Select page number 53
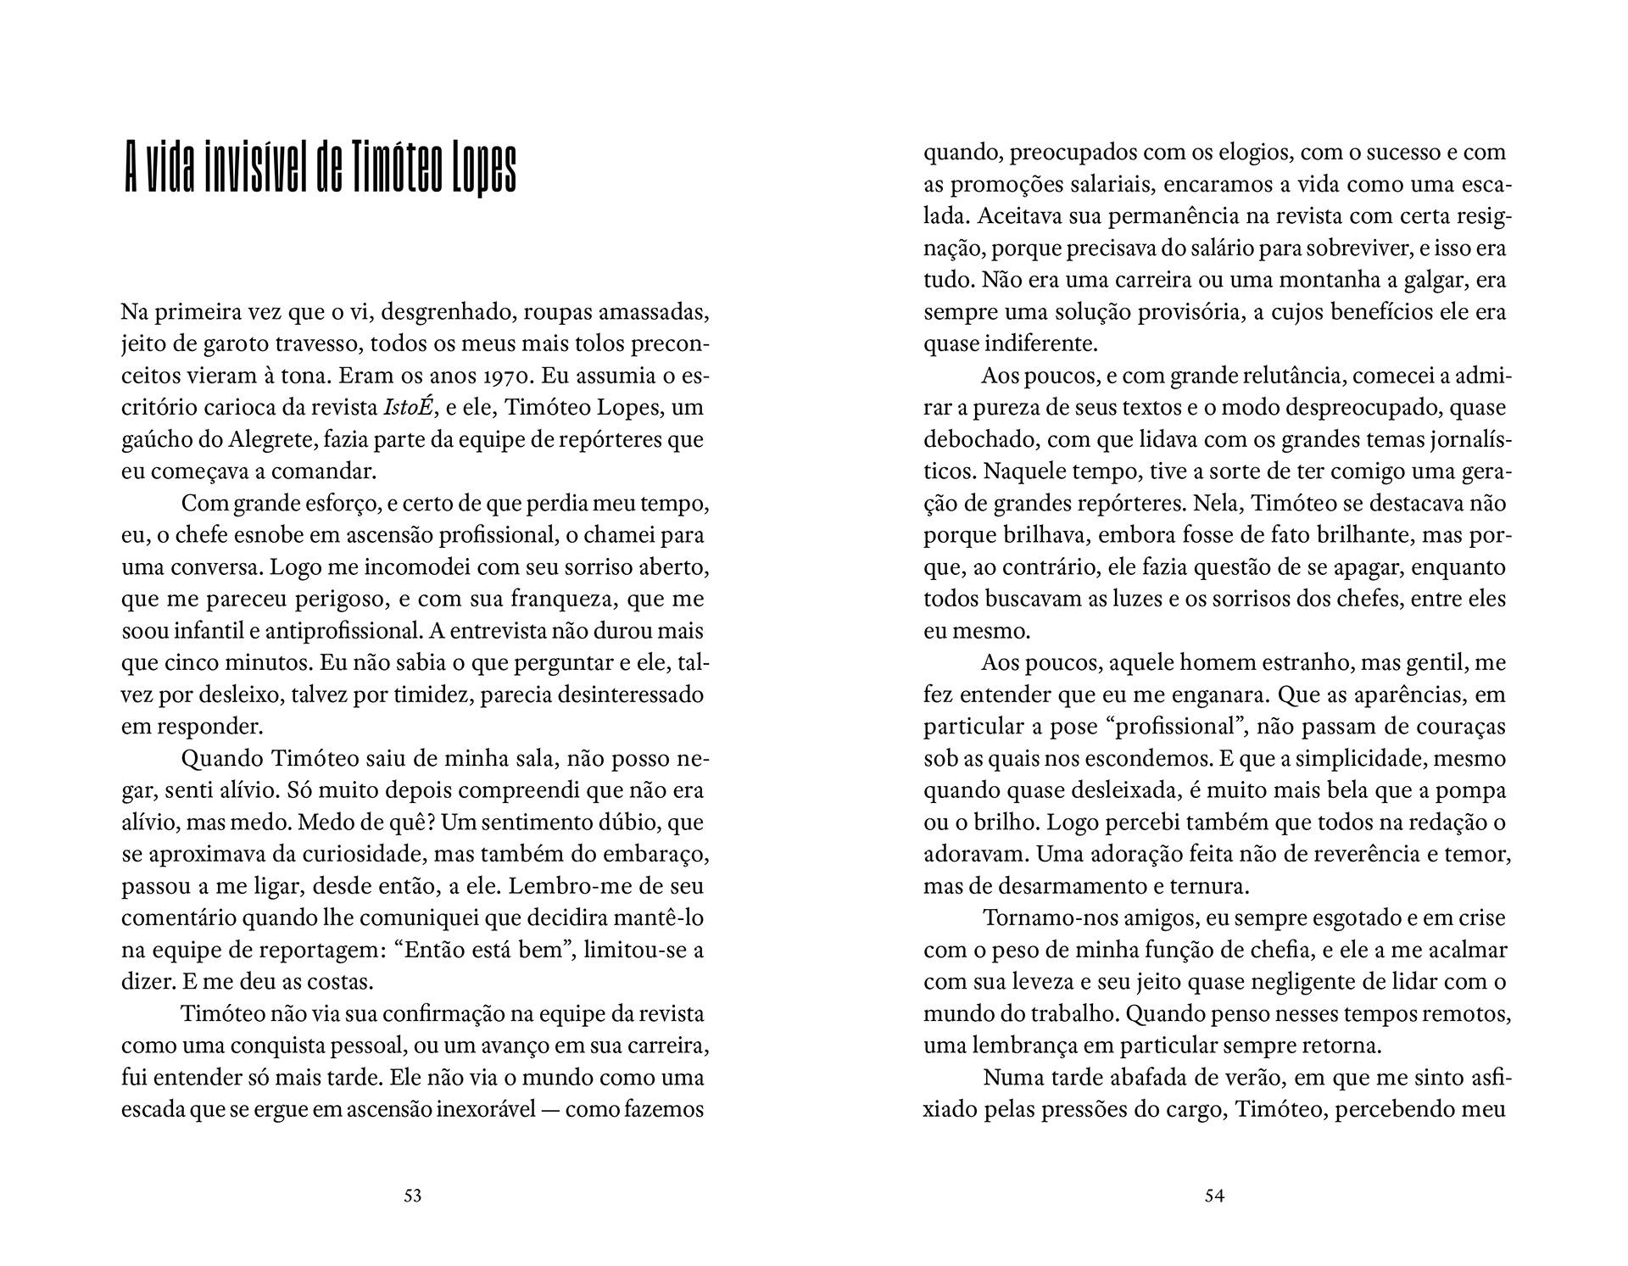[x=413, y=1196]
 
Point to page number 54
[x=1214, y=1196]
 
